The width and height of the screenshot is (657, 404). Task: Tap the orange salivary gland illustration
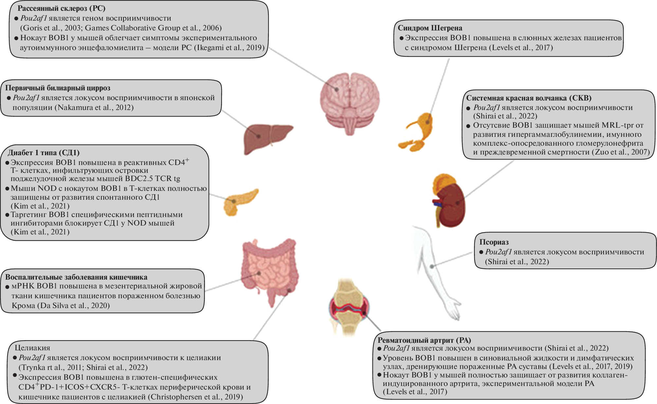(417, 131)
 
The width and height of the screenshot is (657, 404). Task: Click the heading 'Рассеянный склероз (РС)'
(61, 8)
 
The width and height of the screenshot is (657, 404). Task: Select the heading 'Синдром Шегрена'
(430, 28)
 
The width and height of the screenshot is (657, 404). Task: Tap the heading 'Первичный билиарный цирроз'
(58, 88)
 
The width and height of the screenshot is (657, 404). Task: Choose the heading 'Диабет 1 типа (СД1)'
(44, 153)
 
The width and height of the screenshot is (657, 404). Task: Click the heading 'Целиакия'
(32, 348)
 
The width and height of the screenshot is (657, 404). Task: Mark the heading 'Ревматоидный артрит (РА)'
(424, 340)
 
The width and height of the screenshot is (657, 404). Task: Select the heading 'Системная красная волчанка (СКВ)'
(529, 98)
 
